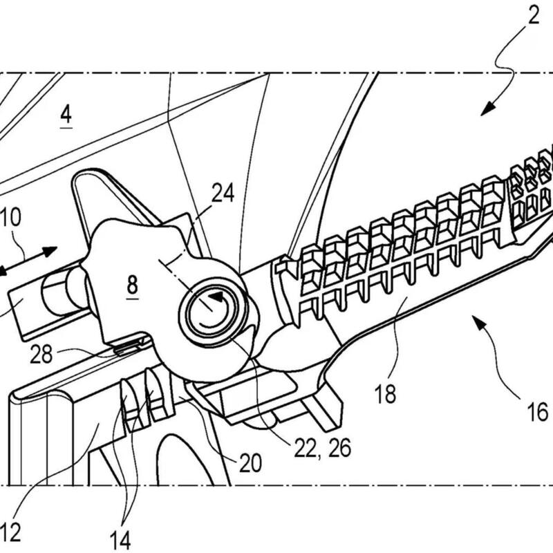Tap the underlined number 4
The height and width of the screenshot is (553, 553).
[66, 115]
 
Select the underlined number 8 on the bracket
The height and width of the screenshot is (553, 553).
[132, 285]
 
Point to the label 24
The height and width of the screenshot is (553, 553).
[223, 193]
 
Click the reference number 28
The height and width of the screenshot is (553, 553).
[41, 354]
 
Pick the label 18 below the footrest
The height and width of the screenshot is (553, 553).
[385, 393]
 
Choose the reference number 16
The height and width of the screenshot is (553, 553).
[538, 411]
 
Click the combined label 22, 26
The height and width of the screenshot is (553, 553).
[322, 448]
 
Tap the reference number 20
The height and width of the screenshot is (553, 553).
[251, 462]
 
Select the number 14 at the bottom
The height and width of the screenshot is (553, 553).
[120, 539]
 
